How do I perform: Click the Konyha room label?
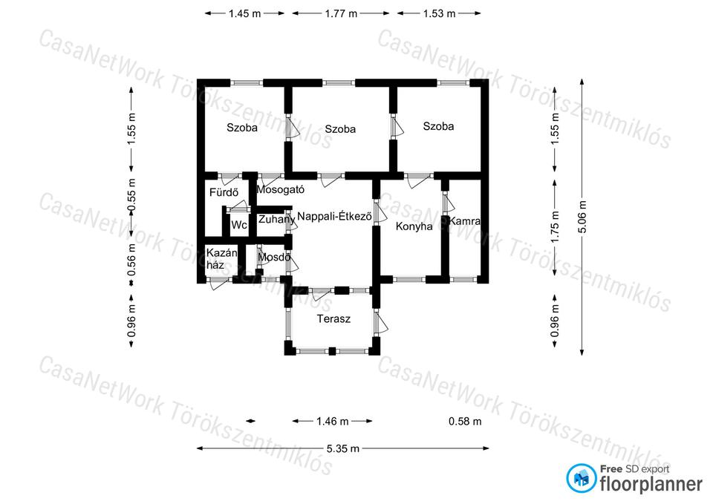(414, 226)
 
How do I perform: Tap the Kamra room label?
(464, 221)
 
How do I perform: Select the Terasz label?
(333, 318)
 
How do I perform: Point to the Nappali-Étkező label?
(334, 216)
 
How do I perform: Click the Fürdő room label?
(224, 192)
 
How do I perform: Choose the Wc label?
(238, 225)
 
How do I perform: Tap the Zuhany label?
(276, 220)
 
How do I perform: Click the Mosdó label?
(274, 258)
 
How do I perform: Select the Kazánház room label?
(221, 258)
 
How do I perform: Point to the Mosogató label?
(281, 189)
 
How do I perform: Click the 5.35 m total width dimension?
(343, 448)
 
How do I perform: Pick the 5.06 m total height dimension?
(582, 217)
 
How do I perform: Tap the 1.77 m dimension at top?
(341, 13)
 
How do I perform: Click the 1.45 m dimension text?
(244, 13)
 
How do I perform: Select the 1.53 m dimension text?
(439, 13)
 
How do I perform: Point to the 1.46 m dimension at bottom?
(333, 422)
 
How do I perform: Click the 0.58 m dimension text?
(465, 422)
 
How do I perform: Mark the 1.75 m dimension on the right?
(555, 227)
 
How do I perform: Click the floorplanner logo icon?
(581, 478)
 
